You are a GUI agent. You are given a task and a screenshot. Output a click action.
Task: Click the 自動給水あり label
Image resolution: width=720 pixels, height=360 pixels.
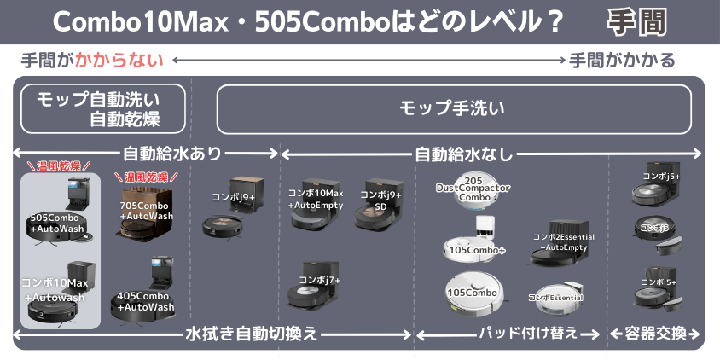172,154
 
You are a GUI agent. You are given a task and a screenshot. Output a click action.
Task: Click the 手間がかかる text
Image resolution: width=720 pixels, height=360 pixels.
623,61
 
